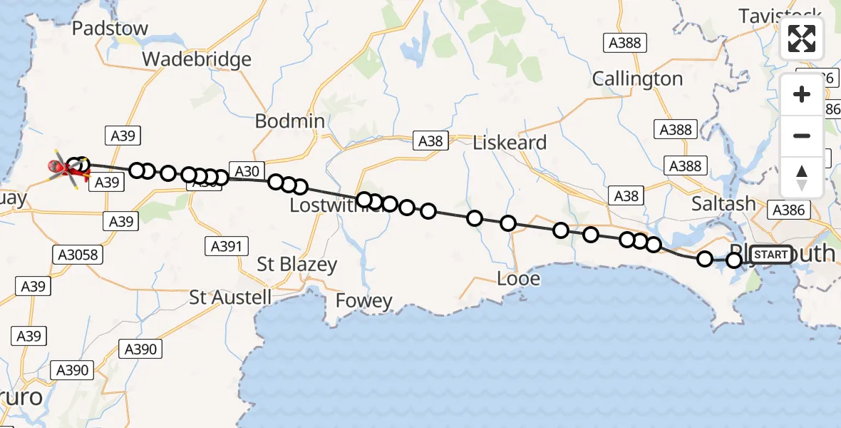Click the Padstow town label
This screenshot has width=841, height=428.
110,29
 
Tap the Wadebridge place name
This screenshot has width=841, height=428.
197,58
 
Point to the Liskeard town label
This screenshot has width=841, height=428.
510,143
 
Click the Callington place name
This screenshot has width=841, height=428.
637,78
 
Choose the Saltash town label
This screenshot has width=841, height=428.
723,204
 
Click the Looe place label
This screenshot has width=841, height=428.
518,278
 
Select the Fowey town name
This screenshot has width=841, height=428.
364,302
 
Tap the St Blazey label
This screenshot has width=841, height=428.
296,265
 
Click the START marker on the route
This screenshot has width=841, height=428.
770,255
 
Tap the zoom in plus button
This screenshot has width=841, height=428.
802,94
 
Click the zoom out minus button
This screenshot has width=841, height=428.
802,136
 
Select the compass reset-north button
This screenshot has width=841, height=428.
802,177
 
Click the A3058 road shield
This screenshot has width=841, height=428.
75,254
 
